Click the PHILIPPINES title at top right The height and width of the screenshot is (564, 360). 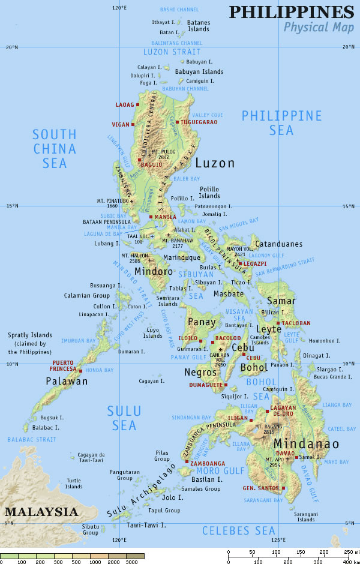292,11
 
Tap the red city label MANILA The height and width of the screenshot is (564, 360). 165,217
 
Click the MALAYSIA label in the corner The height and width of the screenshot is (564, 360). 41,512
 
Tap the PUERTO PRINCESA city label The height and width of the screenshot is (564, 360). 64,366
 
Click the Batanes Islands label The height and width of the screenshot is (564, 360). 199,25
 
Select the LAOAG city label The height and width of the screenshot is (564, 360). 125,104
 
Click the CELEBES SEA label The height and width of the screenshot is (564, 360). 238,530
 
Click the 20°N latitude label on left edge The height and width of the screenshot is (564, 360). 12,47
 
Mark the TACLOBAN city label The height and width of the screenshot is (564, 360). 296,323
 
